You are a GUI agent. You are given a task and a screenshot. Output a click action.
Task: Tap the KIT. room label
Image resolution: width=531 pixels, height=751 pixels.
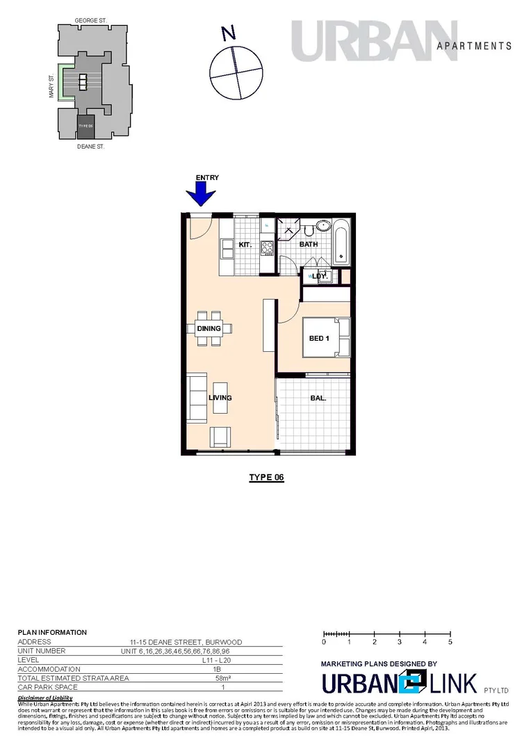pyautogui.click(x=245, y=245)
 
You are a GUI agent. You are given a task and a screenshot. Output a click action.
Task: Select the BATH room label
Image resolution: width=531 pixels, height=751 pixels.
pyautogui.click(x=309, y=244)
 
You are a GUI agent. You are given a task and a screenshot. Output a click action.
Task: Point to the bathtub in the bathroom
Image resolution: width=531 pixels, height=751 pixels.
pyautogui.click(x=342, y=242)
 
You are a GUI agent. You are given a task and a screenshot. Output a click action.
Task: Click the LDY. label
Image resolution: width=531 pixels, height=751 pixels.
pyautogui.click(x=320, y=276)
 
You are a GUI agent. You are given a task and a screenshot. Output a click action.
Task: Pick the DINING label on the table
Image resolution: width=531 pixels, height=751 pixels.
pyautogui.click(x=209, y=328)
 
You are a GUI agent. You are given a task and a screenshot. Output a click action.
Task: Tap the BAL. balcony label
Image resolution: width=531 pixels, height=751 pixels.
pyautogui.click(x=318, y=398)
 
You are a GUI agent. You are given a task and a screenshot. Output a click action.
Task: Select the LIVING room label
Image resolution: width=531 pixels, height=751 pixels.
pyautogui.click(x=220, y=398)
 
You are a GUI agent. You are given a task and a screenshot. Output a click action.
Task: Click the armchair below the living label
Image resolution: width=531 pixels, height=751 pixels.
pyautogui.click(x=222, y=437)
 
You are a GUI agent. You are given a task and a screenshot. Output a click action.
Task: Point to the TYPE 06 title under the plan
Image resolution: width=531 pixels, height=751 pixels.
pyautogui.click(x=267, y=478)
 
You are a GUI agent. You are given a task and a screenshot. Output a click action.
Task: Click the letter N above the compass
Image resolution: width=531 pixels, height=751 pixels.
pyautogui.click(x=227, y=32)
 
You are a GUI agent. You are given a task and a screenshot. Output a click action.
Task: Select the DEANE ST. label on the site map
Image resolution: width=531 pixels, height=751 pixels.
pyautogui.click(x=90, y=147)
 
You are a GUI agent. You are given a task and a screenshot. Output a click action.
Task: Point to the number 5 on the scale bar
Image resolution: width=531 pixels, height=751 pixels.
pyautogui.click(x=450, y=643)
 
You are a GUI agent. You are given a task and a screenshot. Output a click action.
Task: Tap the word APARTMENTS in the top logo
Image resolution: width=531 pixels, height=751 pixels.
pyautogui.click(x=474, y=46)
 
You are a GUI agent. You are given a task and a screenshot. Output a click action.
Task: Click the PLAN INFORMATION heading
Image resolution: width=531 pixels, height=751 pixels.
pyautogui.click(x=52, y=632)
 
